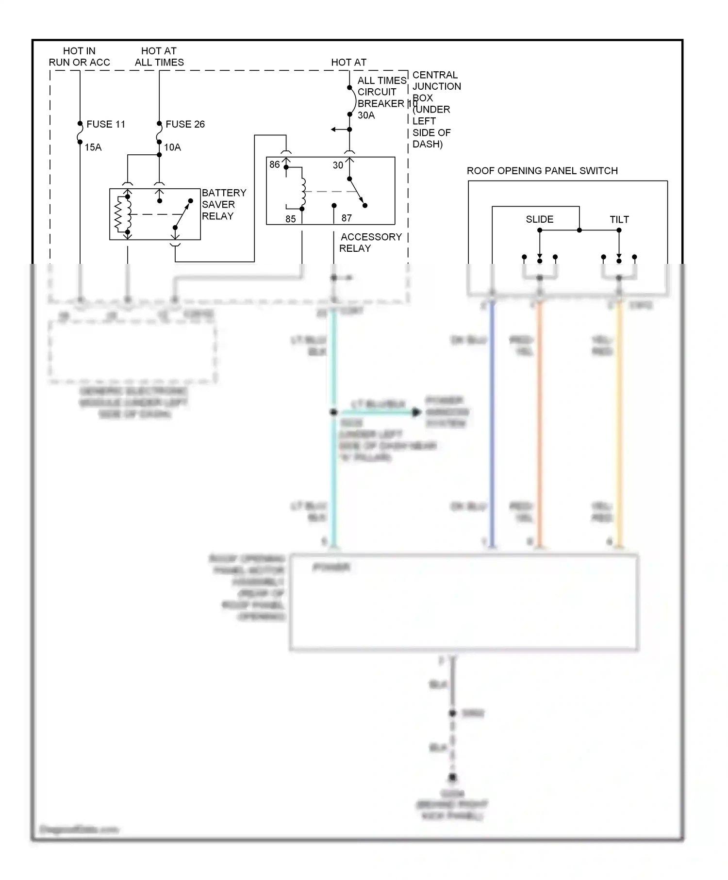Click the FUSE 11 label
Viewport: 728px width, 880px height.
(x=105, y=124)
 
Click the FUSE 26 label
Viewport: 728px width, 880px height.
(x=185, y=124)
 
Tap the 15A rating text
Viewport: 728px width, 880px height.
(x=93, y=147)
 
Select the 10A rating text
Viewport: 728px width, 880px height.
(x=172, y=147)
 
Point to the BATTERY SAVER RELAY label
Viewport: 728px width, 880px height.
(x=224, y=204)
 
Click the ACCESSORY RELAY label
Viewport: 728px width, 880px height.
(x=371, y=243)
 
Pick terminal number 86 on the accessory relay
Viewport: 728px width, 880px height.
(x=274, y=164)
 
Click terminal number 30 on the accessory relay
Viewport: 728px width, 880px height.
(x=338, y=165)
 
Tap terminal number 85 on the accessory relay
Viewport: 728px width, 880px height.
(x=290, y=219)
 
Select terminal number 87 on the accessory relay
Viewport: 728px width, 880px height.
(x=346, y=218)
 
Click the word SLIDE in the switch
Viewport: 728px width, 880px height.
(x=539, y=219)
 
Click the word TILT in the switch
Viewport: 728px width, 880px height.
(x=619, y=220)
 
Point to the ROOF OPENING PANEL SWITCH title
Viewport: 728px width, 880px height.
(x=542, y=171)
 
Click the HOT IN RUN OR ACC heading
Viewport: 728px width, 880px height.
(x=79, y=57)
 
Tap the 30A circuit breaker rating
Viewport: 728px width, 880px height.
(x=366, y=115)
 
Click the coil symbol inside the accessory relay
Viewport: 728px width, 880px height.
(x=303, y=192)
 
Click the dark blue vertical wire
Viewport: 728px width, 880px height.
(x=492, y=422)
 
